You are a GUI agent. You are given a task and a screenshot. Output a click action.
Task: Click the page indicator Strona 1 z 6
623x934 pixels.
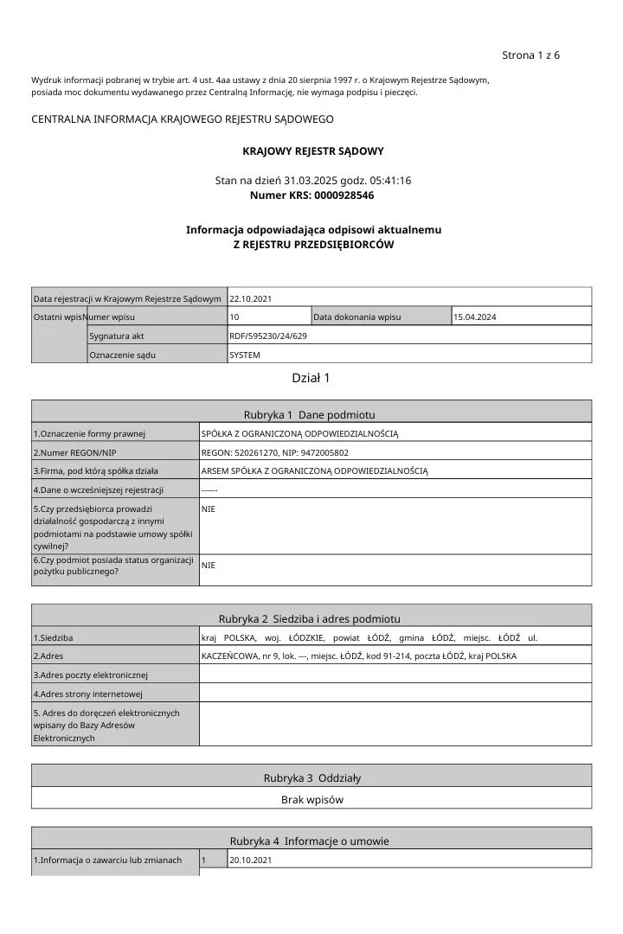click(x=530, y=55)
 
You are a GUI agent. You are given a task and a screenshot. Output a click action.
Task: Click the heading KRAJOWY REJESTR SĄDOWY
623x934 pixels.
click(x=312, y=150)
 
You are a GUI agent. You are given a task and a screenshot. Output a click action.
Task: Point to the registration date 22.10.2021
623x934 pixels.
click(x=251, y=298)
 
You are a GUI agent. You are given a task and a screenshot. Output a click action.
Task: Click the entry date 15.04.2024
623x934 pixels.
click(x=475, y=317)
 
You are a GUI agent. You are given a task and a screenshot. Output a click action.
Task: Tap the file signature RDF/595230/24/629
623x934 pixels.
click(x=268, y=336)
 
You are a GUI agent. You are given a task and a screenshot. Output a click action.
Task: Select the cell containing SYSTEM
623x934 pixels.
click(x=245, y=355)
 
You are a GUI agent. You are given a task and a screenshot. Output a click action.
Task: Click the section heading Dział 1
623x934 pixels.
click(x=311, y=378)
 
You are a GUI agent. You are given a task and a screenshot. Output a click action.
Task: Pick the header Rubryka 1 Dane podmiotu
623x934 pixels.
click(x=311, y=414)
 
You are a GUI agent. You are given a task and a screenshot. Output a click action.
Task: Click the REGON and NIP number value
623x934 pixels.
click(x=275, y=452)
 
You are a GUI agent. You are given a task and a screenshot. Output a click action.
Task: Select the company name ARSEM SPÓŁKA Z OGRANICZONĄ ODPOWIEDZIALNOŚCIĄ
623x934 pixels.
click(x=315, y=470)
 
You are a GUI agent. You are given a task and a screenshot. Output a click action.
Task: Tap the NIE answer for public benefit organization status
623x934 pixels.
click(x=209, y=565)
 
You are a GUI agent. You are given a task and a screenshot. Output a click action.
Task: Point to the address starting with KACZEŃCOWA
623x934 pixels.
click(x=359, y=656)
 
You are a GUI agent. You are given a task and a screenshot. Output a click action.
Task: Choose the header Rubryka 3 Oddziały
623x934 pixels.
click(x=311, y=777)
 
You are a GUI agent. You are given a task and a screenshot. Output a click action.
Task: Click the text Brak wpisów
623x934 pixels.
click(x=311, y=800)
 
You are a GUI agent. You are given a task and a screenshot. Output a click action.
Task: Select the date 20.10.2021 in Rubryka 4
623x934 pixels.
click(x=251, y=860)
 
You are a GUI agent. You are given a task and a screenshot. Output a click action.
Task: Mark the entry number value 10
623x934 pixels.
click(x=234, y=317)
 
